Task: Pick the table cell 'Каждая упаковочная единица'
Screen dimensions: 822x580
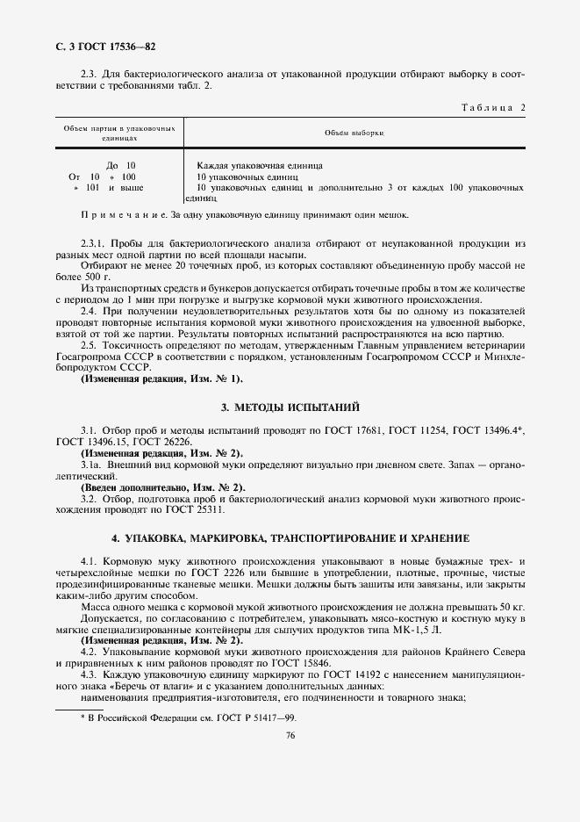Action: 260,165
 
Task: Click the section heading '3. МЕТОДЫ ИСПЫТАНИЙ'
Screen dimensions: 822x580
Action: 290,407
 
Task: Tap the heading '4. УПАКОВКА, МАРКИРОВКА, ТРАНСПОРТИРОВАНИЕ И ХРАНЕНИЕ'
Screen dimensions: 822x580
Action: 290,537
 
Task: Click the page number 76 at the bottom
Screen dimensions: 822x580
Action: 290,736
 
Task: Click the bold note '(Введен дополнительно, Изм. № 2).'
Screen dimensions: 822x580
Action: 163,487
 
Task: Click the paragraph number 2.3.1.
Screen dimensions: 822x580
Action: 93,241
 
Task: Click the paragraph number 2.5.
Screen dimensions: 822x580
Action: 89,344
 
